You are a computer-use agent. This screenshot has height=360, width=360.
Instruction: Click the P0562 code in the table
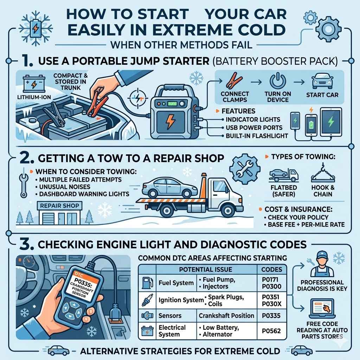271,330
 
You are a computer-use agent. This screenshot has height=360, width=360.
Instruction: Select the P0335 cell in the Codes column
271,315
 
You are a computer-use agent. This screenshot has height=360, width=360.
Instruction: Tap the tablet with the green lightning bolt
331,122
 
